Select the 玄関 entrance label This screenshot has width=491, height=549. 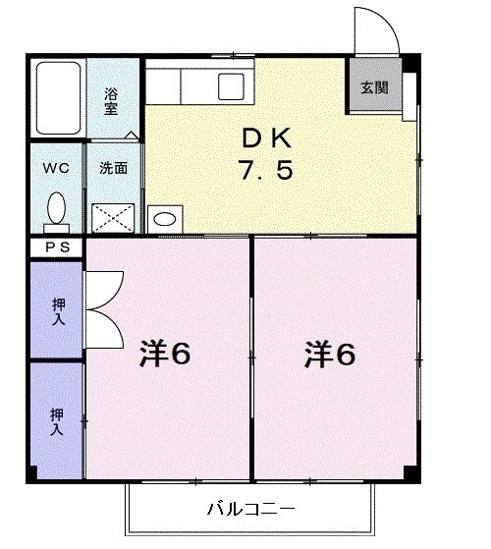coord(374,86)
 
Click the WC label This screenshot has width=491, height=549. coord(55,167)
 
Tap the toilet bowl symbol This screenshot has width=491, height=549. coord(57,208)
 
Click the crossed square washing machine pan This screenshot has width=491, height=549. coord(113,215)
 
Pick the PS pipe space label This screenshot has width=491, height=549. coord(56,247)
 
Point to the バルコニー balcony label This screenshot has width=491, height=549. coord(250,509)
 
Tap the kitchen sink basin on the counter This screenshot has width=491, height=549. coord(232,83)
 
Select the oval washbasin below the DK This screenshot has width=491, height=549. coord(165,218)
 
